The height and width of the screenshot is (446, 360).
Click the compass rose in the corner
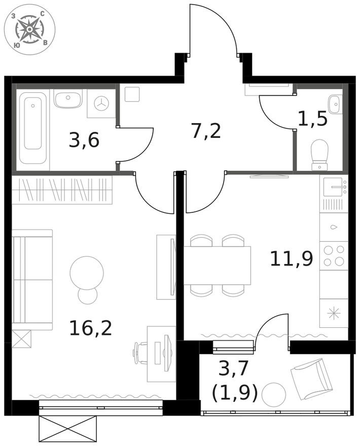(x=29, y=29)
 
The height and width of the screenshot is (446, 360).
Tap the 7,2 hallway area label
(x=206, y=131)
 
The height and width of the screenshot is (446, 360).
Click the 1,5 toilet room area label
(x=313, y=120)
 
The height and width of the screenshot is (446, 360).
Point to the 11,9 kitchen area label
(x=291, y=258)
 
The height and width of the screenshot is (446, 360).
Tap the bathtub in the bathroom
(x=33, y=127)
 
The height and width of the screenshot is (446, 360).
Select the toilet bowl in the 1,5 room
(x=319, y=154)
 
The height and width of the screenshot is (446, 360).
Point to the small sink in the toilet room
(x=335, y=104)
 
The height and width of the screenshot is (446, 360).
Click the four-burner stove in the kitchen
(x=334, y=255)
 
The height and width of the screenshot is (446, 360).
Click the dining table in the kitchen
(x=217, y=265)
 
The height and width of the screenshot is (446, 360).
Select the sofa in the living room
(x=32, y=279)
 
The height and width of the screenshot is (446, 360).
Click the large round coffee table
(x=87, y=272)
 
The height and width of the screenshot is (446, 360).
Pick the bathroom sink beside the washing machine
(x=68, y=99)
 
